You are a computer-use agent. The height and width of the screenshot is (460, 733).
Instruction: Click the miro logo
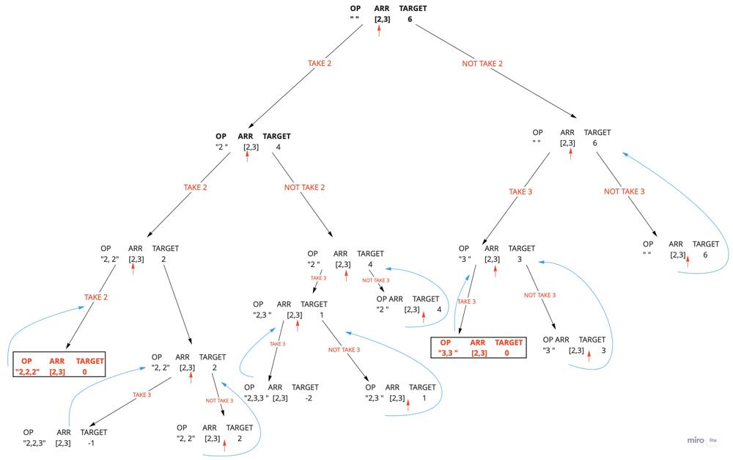click(695, 441)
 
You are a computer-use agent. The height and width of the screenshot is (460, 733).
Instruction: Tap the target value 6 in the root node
click(410, 19)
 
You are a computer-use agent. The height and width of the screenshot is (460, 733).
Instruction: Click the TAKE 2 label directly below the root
click(320, 64)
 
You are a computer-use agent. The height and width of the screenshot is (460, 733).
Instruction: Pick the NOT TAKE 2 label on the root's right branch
click(482, 64)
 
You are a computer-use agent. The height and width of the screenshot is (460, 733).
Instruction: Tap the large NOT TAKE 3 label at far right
click(625, 191)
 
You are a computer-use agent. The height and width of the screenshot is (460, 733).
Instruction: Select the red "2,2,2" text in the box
click(31, 372)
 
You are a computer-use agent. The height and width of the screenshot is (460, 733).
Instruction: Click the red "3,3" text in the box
click(448, 353)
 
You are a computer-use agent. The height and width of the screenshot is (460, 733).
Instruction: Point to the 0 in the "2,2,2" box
click(84, 372)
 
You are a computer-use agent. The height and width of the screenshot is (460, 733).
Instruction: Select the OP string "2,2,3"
click(34, 442)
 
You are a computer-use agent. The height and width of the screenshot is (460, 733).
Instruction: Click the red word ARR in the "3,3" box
click(478, 343)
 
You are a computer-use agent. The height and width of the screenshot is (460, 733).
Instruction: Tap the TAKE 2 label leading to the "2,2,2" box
click(96, 297)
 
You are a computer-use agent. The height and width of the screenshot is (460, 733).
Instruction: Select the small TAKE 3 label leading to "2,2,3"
click(141, 395)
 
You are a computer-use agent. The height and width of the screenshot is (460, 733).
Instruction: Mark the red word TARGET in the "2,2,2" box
click(90, 361)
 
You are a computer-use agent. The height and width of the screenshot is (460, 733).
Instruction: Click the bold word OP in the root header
click(356, 9)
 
